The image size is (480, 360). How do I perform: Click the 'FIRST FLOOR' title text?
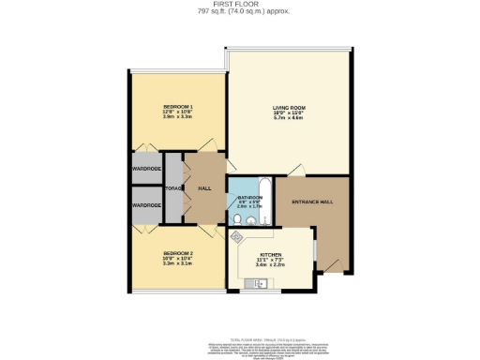pyautogui.click(x=239, y=5)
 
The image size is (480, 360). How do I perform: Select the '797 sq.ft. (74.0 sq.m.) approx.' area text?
pyautogui.click(x=239, y=12)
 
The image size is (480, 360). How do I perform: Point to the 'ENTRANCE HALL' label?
pyautogui.click(x=312, y=202)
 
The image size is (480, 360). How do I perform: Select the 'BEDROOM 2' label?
pyautogui.click(x=177, y=253)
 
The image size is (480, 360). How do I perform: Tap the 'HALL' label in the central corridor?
pyautogui.click(x=203, y=187)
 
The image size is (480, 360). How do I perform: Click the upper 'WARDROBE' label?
pyautogui.click(x=146, y=170)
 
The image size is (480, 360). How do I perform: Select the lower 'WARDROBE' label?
pyautogui.click(x=146, y=204)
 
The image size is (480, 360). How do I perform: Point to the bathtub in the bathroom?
pyautogui.click(x=263, y=200)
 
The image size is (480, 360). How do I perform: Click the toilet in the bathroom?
pyautogui.click(x=240, y=219)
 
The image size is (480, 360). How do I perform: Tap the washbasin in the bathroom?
pyautogui.click(x=255, y=220)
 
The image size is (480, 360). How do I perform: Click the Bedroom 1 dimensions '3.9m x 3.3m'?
pyautogui.click(x=177, y=117)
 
